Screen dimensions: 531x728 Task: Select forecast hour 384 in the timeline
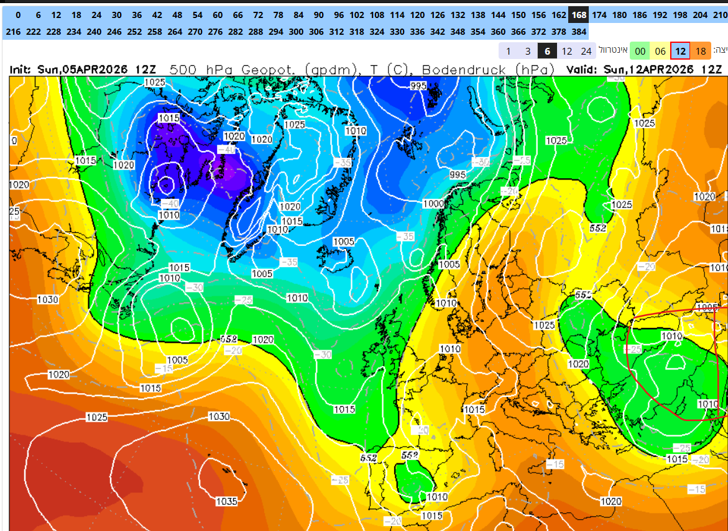[579, 31]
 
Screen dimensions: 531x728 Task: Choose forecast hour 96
[338, 15]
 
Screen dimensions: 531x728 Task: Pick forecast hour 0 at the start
[18, 15]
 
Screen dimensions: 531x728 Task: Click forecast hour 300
[297, 31]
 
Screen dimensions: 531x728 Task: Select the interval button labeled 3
[528, 51]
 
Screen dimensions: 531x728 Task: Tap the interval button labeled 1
[509, 51]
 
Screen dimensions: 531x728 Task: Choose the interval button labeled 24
[586, 51]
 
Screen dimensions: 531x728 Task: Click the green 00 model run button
[640, 51]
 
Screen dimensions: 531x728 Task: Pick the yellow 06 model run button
[660, 51]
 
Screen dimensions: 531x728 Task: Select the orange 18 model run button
[701, 51]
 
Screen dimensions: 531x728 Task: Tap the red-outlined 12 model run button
[681, 51]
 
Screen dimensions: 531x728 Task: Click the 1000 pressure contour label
[433, 204]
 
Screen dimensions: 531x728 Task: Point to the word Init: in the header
[22, 70]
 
